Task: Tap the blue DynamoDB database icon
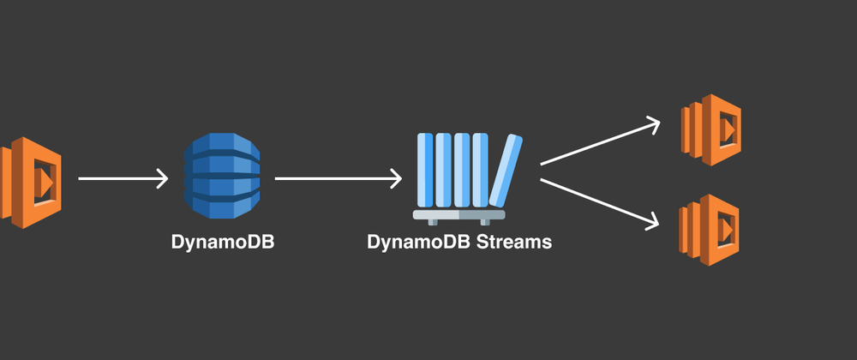pyautogui.click(x=220, y=177)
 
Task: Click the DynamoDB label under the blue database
pyautogui.click(x=222, y=241)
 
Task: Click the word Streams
pyautogui.click(x=512, y=241)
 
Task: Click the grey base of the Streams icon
pyautogui.click(x=458, y=214)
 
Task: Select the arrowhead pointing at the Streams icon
pyautogui.click(x=395, y=179)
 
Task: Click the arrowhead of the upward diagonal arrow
pyautogui.click(x=651, y=124)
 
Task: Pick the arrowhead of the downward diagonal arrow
pyautogui.click(x=651, y=220)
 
